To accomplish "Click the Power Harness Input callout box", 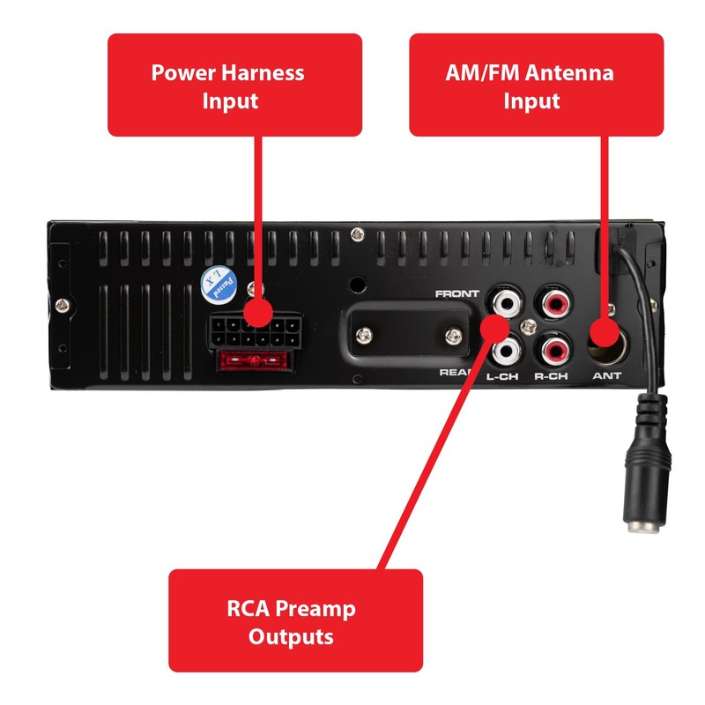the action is [234, 85].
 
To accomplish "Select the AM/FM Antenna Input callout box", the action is [537, 85].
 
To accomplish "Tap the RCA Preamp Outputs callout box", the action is [295, 620].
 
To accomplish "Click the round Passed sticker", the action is [219, 285].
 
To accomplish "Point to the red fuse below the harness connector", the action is [254, 360].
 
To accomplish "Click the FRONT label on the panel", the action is [456, 293].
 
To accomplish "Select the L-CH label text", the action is [502, 376].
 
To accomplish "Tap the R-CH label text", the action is [551, 376].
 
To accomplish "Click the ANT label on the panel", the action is [606, 375].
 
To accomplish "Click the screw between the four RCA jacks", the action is [530, 326].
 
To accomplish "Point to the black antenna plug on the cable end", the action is [646, 464].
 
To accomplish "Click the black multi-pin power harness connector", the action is [255, 330].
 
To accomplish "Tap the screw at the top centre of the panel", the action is [358, 234].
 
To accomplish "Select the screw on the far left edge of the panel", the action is [62, 306].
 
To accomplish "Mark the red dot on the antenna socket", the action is [606, 333].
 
